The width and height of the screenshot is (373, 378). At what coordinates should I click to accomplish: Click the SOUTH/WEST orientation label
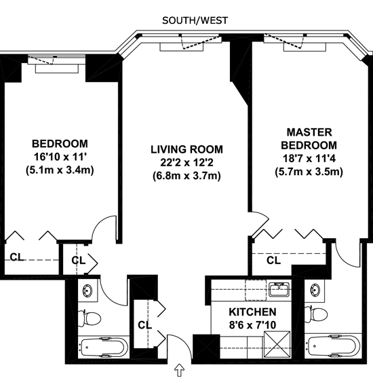pos(195,20)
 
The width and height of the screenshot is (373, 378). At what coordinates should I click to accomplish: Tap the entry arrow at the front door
pos(179,370)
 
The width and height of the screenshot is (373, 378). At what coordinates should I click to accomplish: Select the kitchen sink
pos(279,289)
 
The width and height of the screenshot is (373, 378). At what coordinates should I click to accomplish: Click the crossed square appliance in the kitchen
pos(277,345)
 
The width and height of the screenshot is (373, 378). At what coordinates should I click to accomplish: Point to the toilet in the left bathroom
pos(89,318)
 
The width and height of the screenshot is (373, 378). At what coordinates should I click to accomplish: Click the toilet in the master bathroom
pos(316,314)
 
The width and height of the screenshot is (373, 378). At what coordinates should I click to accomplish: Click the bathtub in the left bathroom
pos(102,347)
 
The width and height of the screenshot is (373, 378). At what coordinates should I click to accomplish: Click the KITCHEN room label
pos(252,312)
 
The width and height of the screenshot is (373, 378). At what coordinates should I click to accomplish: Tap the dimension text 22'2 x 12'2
pos(186,163)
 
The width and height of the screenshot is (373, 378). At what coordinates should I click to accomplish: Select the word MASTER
pos(309,132)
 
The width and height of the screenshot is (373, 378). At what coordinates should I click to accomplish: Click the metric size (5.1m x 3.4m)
pos(60,170)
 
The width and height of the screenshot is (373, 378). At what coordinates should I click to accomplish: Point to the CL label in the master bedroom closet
pos(273,261)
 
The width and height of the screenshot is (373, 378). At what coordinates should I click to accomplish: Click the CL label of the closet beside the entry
pos(145,325)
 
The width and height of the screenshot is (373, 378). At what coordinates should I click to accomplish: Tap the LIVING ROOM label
pos(186,149)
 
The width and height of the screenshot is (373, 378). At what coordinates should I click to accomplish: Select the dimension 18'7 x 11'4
pos(309,159)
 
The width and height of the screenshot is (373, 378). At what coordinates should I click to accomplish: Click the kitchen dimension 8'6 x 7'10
pos(252,325)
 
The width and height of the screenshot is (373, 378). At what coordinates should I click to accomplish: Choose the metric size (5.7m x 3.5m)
pos(309,172)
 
